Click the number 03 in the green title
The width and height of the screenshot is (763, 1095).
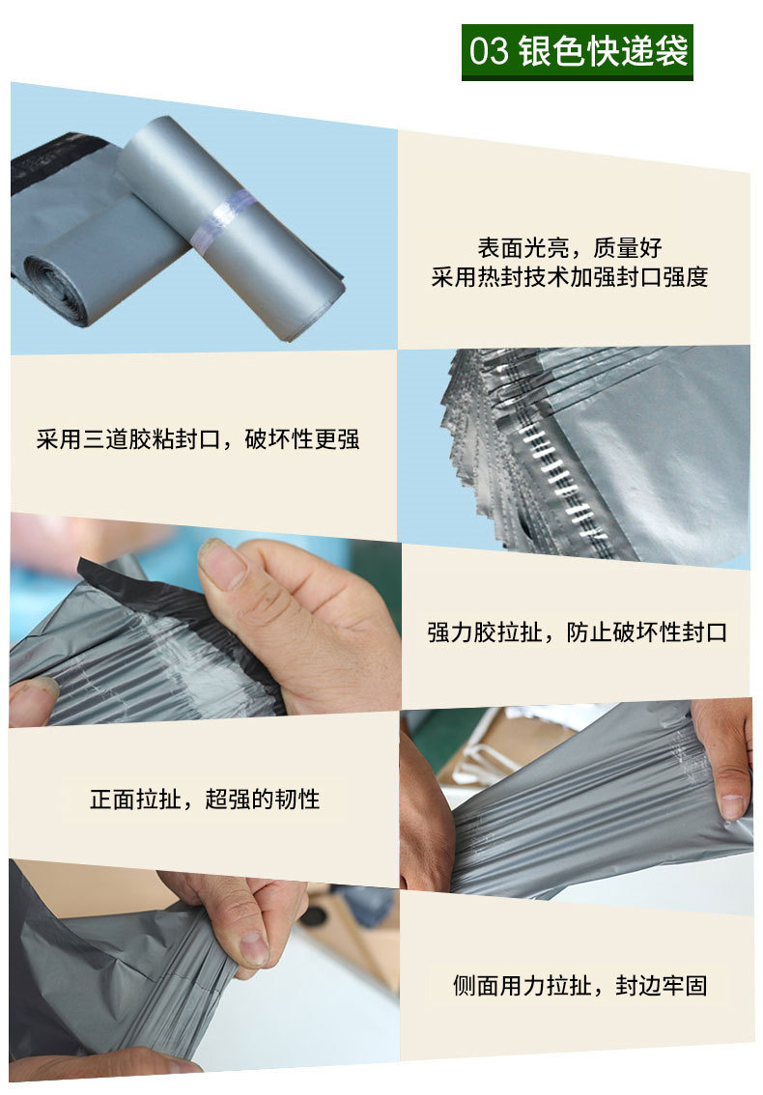(x=489, y=52)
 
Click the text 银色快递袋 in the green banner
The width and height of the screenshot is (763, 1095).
(x=603, y=52)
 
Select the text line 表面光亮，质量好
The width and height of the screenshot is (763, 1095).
(x=570, y=247)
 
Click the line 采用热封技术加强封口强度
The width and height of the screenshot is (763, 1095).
(x=570, y=277)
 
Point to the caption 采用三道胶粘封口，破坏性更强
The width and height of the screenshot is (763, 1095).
(x=198, y=439)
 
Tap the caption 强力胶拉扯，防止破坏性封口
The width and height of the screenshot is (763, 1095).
(x=578, y=632)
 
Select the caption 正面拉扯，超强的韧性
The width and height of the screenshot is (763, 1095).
(x=205, y=799)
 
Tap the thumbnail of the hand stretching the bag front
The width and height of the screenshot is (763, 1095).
(x=577, y=803)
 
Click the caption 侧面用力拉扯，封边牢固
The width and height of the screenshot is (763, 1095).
(x=579, y=985)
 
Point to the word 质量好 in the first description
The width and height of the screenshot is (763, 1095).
(x=628, y=247)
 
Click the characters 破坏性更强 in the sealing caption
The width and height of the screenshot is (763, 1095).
(x=302, y=439)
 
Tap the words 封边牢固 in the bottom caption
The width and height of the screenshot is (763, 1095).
(x=661, y=985)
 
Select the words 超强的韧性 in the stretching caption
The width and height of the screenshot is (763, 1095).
(x=263, y=799)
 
